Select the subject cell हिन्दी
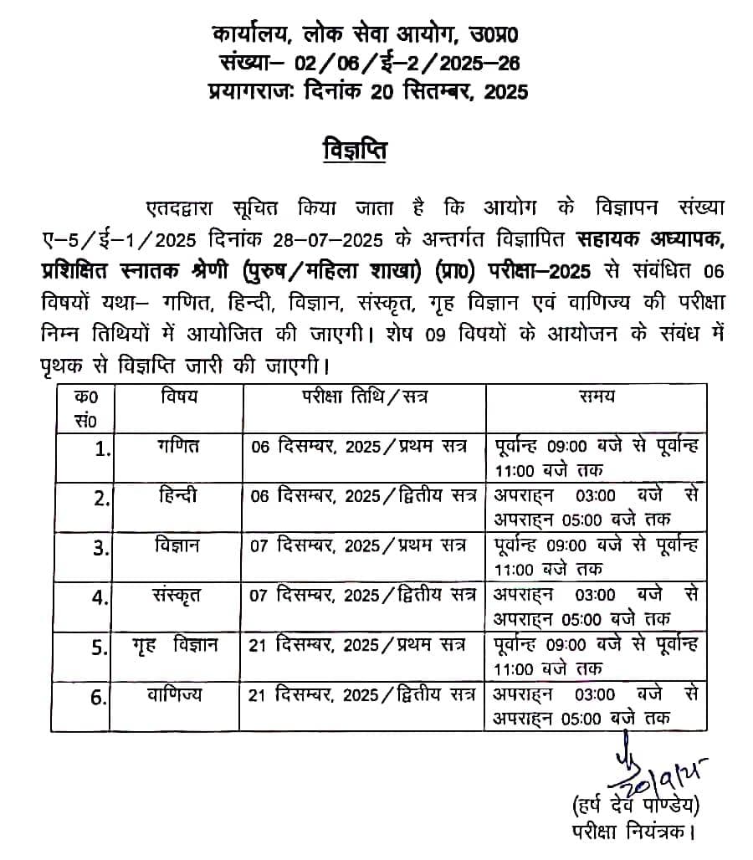click(179, 495)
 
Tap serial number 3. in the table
click(101, 549)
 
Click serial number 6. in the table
click(100, 698)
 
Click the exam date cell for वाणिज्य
click(362, 694)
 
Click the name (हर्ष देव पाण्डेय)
click(635, 806)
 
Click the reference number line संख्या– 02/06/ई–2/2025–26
click(368, 64)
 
